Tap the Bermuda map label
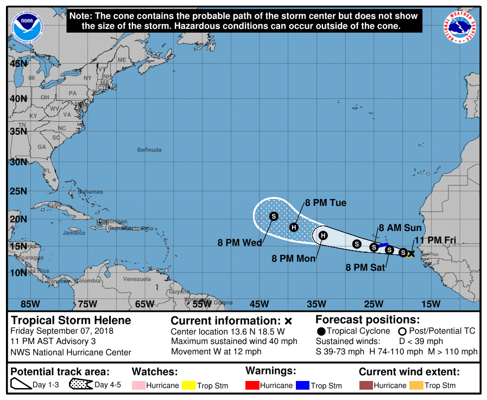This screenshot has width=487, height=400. [149, 150]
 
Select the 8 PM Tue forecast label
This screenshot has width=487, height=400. [325, 203]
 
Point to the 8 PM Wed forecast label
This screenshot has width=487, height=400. [240, 242]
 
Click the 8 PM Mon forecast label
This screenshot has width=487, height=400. [294, 259]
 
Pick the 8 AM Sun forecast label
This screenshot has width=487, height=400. [400, 228]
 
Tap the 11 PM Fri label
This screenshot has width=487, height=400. [434, 241]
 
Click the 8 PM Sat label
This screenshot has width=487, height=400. [365, 267]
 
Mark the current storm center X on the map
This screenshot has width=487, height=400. [411, 253]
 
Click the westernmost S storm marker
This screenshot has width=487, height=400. [274, 216]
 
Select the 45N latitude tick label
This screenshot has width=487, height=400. [18, 64]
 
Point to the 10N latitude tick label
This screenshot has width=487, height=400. [18, 272]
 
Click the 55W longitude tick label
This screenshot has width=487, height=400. [202, 303]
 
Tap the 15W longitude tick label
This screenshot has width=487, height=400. [430, 303]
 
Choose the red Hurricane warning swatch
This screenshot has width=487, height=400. [252, 385]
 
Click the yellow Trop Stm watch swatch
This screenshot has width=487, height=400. [188, 385]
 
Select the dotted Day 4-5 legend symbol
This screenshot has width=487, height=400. [80, 385]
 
